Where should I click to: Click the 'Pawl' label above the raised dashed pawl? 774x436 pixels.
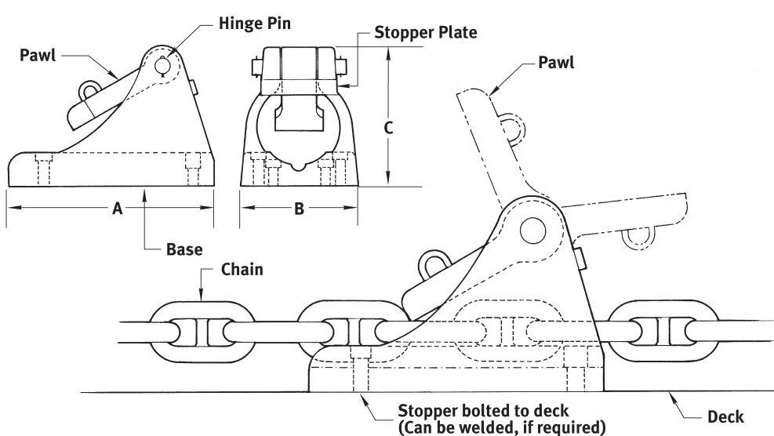tap(556, 62)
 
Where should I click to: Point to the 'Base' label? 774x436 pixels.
tap(184, 250)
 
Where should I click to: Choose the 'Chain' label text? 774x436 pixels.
tap(242, 270)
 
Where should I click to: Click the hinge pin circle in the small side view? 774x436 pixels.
tap(162, 67)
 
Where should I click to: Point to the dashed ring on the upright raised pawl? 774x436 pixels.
tap(510, 128)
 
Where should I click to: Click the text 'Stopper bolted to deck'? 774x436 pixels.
tap(482, 410)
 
